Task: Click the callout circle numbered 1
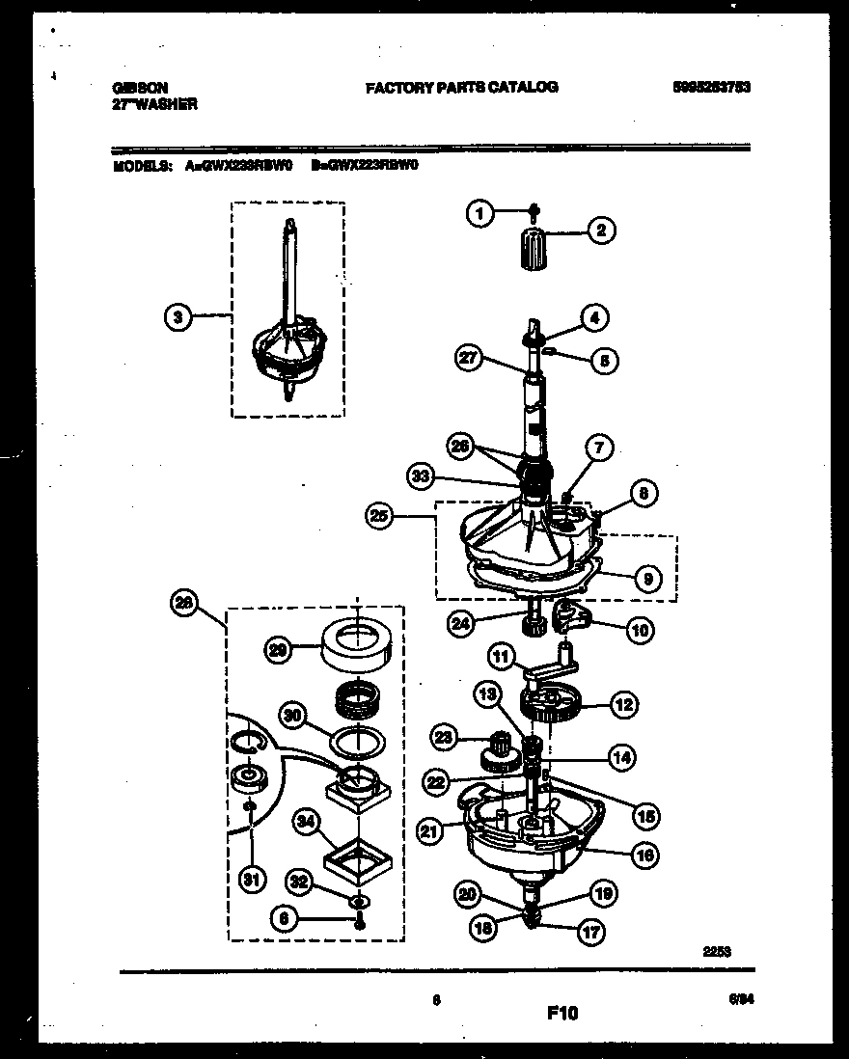[479, 214]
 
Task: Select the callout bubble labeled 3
[177, 316]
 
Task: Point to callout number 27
[469, 359]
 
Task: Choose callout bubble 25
[379, 516]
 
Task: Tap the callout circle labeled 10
[639, 631]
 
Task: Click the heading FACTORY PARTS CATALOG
[461, 87]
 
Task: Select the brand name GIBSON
[133, 87]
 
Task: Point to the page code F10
[562, 1014]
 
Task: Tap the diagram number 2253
[716, 951]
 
